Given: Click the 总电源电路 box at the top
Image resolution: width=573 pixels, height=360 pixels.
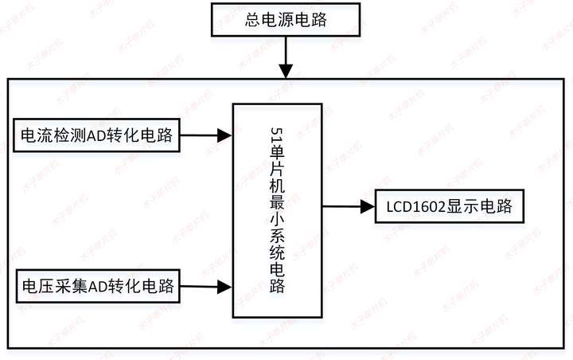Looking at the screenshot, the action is (286, 20).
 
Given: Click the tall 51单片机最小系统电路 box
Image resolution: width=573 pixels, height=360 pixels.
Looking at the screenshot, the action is (277, 209).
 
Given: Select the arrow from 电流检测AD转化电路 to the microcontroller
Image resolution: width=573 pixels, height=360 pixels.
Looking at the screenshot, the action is (207, 135).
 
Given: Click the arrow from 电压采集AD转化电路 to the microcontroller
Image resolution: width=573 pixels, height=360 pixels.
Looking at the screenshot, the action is (207, 285).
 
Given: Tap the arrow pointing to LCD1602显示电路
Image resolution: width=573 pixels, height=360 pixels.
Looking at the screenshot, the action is (349, 208).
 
